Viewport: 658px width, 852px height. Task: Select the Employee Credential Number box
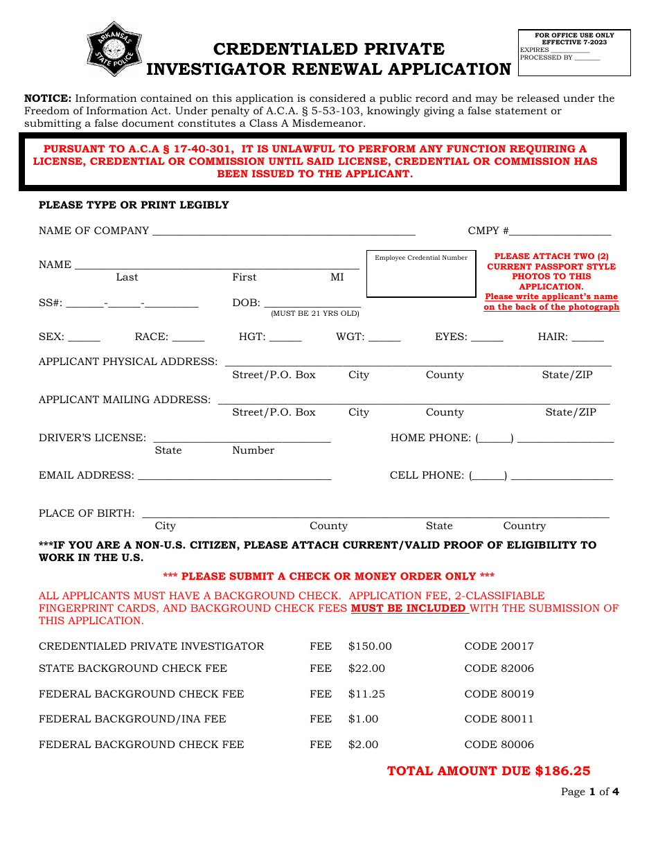click(x=420, y=274)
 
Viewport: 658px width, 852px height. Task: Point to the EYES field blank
click(x=487, y=338)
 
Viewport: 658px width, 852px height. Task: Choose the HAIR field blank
click(x=587, y=338)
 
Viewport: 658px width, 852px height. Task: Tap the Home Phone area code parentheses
click(x=495, y=438)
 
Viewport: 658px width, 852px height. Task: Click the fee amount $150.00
click(x=370, y=646)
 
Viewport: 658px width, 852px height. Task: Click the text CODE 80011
click(x=499, y=719)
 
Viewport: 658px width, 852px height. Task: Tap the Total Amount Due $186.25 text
click(x=488, y=771)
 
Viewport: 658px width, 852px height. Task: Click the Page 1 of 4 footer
click(x=589, y=792)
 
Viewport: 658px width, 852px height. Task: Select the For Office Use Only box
click(x=574, y=53)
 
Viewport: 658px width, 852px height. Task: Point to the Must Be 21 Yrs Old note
click(x=314, y=314)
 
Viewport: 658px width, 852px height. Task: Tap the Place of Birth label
click(x=87, y=513)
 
